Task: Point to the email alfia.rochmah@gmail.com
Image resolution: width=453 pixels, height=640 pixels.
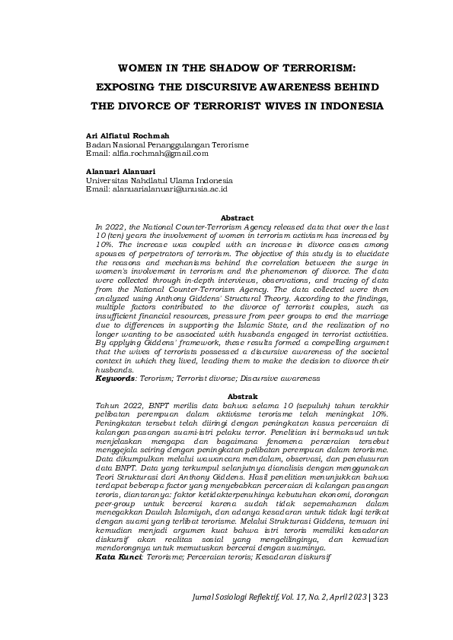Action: [x=161, y=153]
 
